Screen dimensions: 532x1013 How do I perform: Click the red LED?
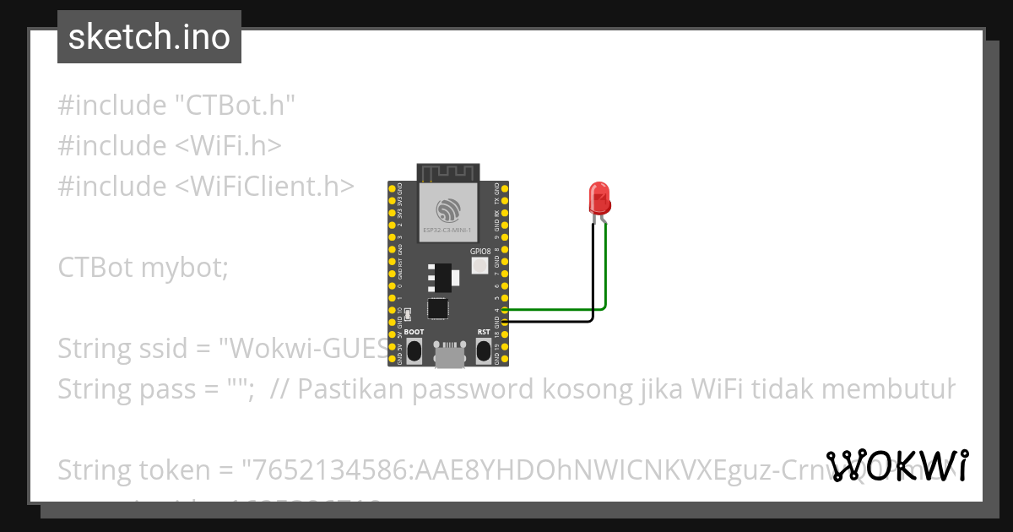tap(599, 198)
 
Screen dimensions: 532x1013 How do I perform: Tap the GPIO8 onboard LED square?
tap(480, 266)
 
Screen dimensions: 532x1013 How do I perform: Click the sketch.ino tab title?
tap(149, 37)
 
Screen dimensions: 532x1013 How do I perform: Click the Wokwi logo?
tap(897, 465)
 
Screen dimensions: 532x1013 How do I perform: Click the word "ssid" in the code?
tap(181, 348)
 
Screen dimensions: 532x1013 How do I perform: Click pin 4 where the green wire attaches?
tap(504, 310)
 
